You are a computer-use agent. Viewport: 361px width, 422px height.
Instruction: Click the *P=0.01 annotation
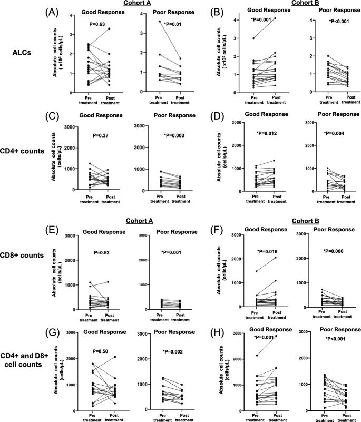[172, 23]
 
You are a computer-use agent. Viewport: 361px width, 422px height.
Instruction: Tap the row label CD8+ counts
[21, 255]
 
